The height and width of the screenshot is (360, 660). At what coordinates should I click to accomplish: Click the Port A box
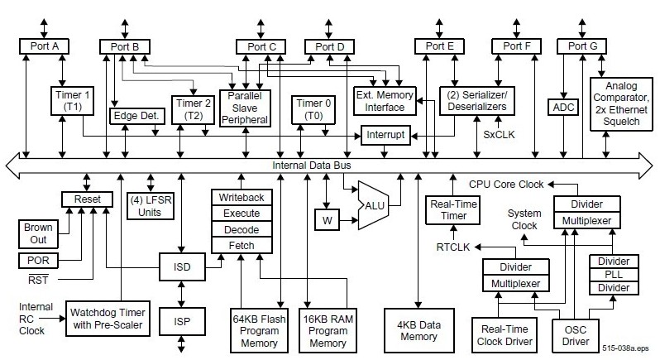44,46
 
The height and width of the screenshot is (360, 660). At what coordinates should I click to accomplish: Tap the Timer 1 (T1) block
73,99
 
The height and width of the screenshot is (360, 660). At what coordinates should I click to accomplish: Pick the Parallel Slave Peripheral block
245,107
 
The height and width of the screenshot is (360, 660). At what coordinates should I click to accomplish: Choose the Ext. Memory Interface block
384,100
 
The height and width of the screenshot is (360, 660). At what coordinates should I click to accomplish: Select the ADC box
562,107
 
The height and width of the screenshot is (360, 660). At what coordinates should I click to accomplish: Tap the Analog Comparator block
621,103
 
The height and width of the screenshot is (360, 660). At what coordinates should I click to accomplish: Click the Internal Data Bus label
312,165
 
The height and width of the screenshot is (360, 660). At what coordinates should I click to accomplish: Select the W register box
326,220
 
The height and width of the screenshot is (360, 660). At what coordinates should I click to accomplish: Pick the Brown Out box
37,233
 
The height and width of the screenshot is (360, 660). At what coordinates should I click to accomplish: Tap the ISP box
182,320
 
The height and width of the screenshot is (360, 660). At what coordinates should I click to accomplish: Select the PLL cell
612,274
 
